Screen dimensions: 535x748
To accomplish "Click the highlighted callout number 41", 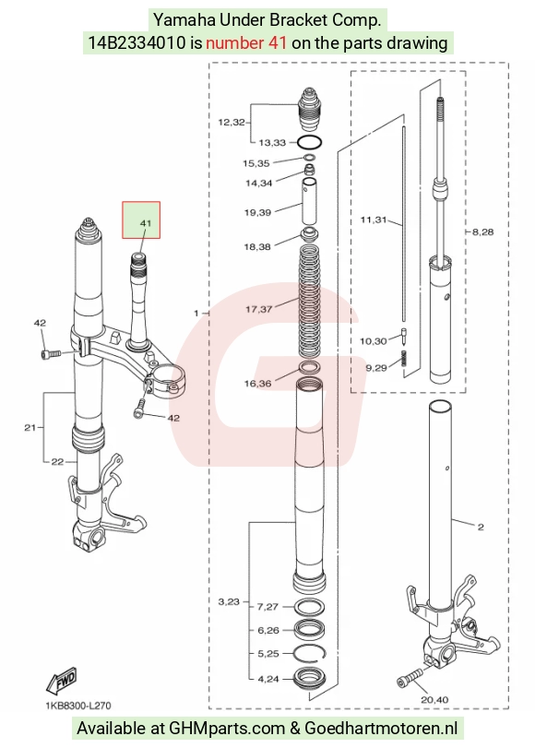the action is [x=145, y=223].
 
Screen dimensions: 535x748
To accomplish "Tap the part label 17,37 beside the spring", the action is [x=258, y=309].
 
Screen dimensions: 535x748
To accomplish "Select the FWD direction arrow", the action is [x=61, y=681].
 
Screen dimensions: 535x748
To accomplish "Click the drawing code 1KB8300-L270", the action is [x=78, y=706].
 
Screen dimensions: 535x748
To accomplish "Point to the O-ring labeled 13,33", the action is [x=309, y=142].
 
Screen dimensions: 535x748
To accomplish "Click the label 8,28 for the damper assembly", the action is [x=482, y=232].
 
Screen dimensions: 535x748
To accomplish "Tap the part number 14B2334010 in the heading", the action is [x=137, y=43].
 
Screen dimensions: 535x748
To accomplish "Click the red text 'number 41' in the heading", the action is [x=246, y=43].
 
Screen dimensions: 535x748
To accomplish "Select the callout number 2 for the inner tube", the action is [x=480, y=527].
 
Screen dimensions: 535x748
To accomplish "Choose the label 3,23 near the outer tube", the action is [x=229, y=601].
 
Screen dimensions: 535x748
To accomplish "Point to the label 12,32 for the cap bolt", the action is [x=232, y=122].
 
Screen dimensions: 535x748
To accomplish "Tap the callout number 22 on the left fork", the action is [x=57, y=461].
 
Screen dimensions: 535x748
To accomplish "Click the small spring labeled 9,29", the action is [x=405, y=358].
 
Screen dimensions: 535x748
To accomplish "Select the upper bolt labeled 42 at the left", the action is [x=50, y=354].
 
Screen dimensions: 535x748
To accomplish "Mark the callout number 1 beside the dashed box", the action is [x=196, y=314].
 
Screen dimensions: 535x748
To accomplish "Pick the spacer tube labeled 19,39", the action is [x=309, y=200].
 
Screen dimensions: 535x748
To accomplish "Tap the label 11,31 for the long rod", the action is [x=374, y=220].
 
